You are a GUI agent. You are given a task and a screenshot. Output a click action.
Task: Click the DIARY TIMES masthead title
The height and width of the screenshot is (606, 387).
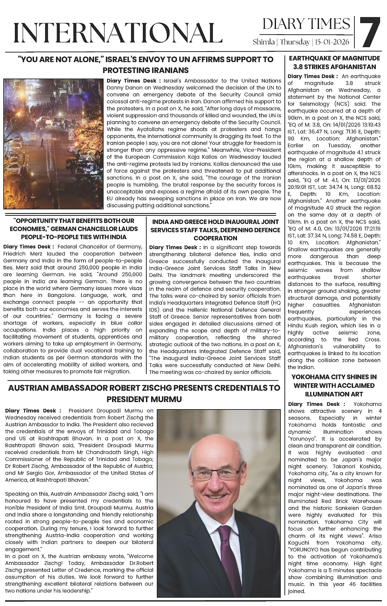coord(306,24)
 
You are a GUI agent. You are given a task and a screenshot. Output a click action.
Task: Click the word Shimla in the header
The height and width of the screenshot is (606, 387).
coord(264,42)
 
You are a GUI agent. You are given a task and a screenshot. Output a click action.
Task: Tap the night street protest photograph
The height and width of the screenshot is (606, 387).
coord(54,144)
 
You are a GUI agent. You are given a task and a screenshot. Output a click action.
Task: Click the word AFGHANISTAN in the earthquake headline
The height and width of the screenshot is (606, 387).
coord(355,67)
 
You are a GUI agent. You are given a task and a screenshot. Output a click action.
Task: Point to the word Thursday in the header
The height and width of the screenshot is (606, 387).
coord(295,42)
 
